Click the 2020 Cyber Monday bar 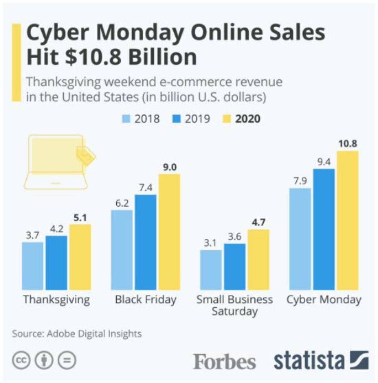[x=348, y=220]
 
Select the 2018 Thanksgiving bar [x=32, y=266]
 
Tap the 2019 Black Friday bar [x=146, y=242]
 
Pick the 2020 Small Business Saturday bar [x=258, y=259]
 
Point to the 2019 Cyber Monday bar [x=324, y=229]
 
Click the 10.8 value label [x=348, y=144]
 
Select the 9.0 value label [x=170, y=167]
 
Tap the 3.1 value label [x=210, y=243]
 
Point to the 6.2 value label [x=122, y=203]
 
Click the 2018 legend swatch [x=126, y=119]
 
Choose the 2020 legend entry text [x=248, y=119]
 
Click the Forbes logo [x=224, y=361]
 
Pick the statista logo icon [x=359, y=360]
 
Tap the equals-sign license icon [x=67, y=360]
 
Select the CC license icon [x=21, y=360]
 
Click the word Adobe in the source [x=61, y=334]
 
